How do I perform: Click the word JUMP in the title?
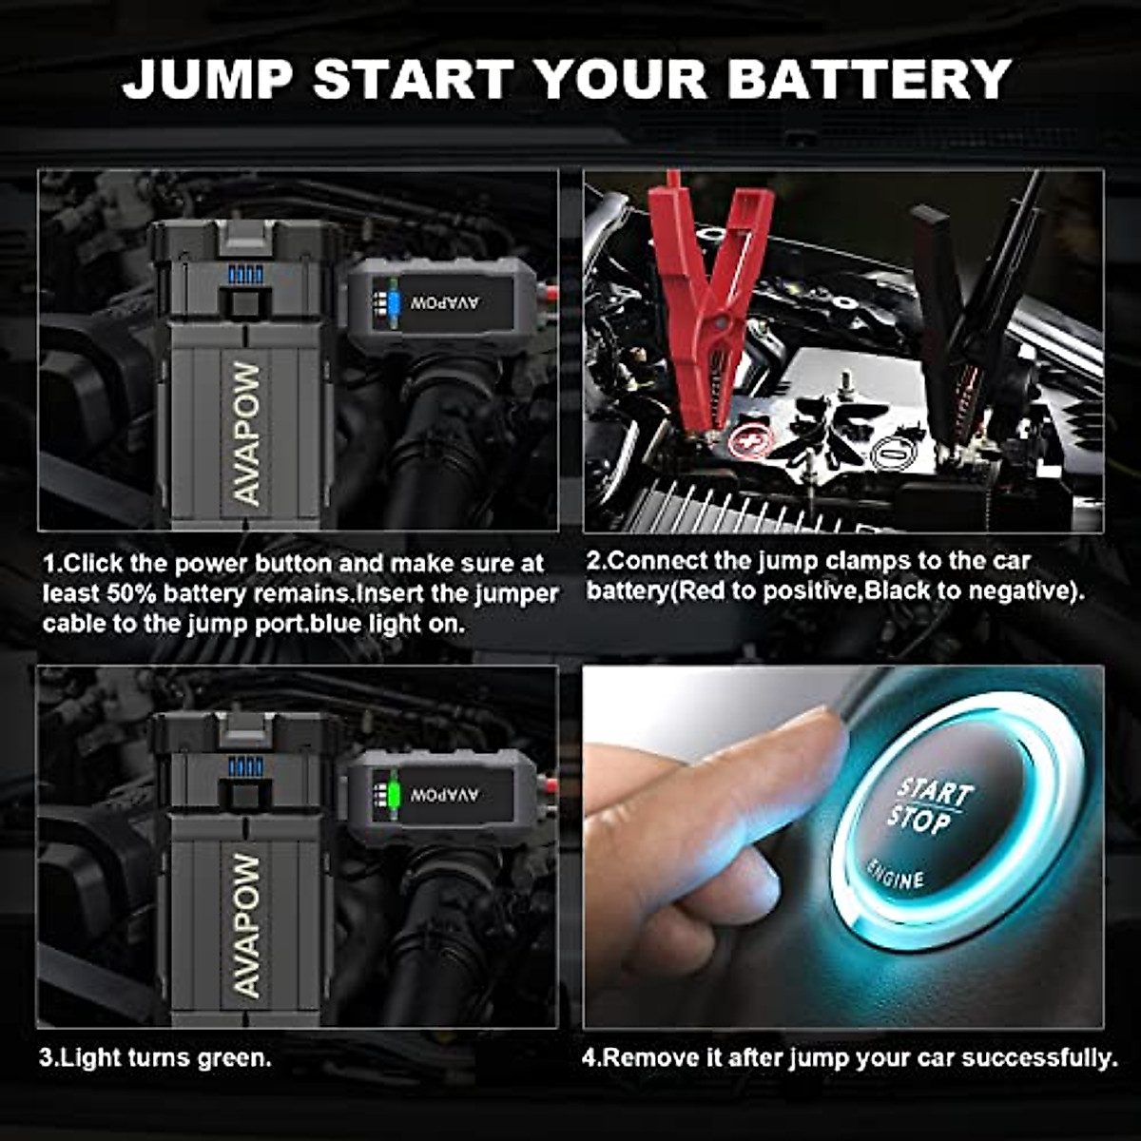(208, 78)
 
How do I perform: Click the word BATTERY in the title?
(869, 78)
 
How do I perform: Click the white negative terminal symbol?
(890, 451)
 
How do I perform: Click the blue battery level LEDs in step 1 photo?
(245, 275)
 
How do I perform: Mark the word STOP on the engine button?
(920, 820)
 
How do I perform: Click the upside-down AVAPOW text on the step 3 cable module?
(446, 794)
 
